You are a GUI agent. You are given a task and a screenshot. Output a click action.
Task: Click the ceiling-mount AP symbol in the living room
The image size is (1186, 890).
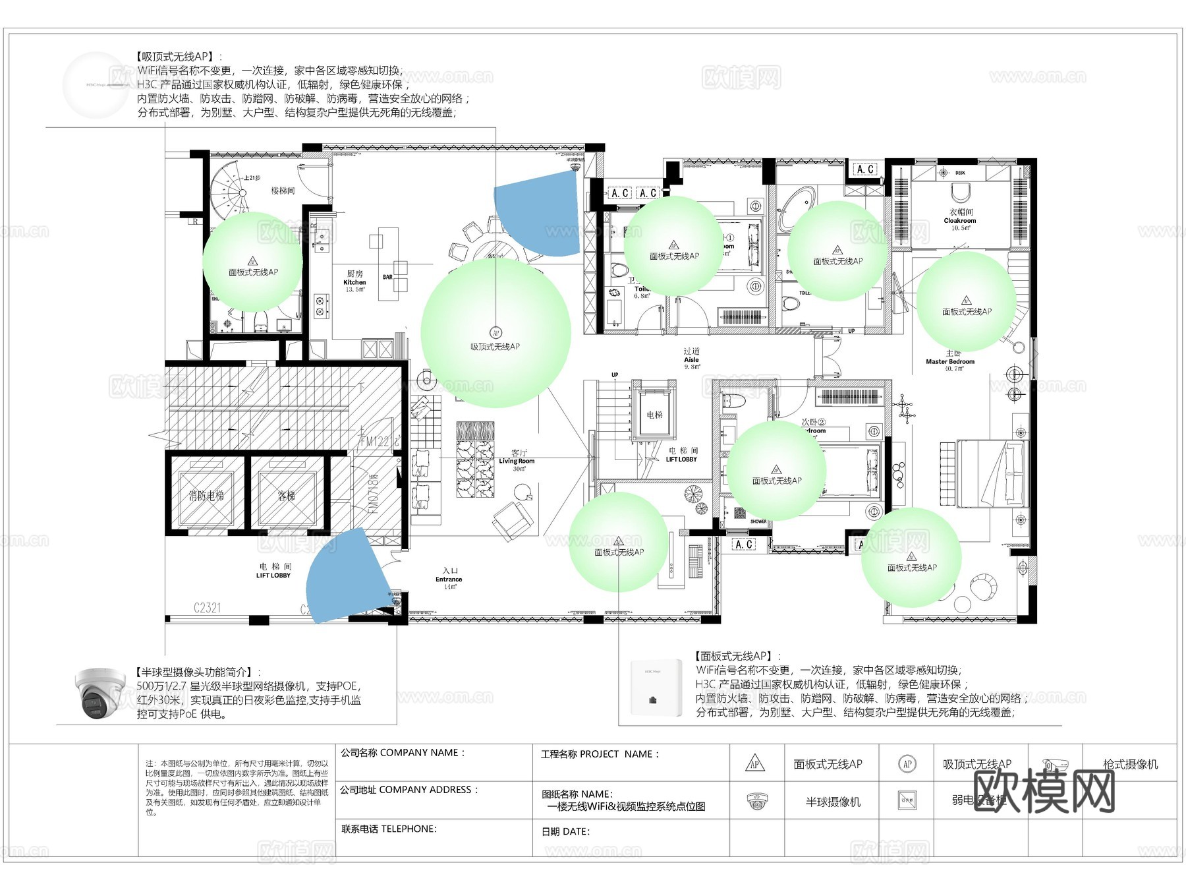495,333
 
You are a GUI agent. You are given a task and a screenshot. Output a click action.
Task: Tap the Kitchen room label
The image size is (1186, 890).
354,282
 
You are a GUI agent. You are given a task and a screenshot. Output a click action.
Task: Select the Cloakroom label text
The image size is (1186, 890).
959,220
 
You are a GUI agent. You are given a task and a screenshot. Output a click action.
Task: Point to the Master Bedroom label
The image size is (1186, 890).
949,361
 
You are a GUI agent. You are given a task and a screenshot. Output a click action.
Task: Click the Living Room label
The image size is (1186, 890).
517,460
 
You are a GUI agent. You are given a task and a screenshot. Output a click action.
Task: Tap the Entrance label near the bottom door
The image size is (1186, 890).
449,579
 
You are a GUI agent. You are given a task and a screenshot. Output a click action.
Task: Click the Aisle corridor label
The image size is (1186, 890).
691,359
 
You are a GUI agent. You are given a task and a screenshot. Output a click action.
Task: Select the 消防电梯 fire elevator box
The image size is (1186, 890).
206,495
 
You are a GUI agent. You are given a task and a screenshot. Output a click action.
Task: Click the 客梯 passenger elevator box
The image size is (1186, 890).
287,495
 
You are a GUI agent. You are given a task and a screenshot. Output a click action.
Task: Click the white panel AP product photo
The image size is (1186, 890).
652,687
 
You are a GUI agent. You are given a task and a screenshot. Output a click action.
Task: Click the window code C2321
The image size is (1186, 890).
207,608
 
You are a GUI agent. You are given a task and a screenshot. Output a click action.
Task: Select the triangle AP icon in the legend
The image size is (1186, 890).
755,764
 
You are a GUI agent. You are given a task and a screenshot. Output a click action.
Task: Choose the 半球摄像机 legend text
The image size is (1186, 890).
833,802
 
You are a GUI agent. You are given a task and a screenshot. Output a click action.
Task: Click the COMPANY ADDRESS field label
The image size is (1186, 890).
409,790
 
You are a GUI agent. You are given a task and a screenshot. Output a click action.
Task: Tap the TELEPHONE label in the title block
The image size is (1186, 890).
389,829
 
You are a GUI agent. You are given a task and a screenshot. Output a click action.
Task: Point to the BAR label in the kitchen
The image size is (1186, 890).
387,277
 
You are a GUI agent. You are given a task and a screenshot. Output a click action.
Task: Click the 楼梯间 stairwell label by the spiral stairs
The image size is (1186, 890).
283,191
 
